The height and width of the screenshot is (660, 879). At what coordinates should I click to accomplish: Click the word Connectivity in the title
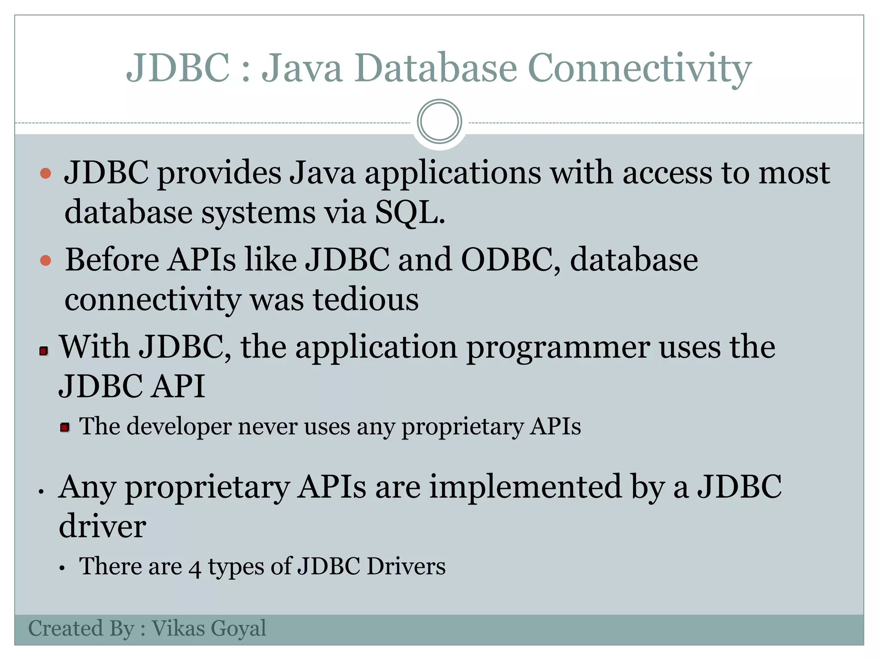coord(639,69)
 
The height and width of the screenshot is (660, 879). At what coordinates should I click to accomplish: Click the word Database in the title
coord(435,69)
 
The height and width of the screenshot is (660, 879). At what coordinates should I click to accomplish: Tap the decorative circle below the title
coord(439,122)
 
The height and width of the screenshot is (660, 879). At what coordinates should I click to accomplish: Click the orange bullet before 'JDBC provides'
coord(45,174)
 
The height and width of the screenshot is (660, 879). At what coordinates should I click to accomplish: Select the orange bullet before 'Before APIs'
coord(45,260)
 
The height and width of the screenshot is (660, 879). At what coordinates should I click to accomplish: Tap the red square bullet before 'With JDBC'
coord(43,351)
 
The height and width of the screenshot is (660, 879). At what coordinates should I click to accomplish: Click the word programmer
coord(558,347)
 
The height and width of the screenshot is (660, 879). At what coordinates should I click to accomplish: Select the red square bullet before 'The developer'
coord(65,428)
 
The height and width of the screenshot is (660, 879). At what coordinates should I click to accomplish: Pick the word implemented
coord(526,487)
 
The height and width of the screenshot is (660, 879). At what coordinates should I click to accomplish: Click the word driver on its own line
coord(102,527)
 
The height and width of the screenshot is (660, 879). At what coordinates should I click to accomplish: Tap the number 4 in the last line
coord(195,568)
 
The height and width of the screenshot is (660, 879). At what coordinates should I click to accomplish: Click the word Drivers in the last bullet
coord(406,566)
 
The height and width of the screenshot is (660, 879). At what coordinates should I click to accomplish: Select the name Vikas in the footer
coord(178,629)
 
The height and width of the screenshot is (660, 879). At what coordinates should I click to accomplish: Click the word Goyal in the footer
coord(238,629)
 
